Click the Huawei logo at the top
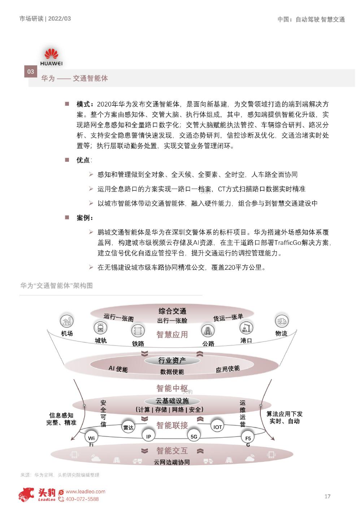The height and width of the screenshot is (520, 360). click(x=51, y=57)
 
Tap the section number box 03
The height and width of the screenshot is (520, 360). click(x=30, y=71)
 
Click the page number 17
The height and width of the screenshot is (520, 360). click(x=327, y=496)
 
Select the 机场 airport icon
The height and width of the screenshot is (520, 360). click(x=66, y=321)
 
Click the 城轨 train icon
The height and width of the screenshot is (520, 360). click(x=100, y=328)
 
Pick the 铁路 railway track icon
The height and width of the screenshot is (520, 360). click(x=138, y=330)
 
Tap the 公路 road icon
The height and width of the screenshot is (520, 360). click(x=208, y=330)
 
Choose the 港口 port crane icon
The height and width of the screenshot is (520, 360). click(x=246, y=328)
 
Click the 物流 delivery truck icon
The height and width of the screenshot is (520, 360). click(x=281, y=321)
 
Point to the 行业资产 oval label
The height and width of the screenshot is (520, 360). click(x=172, y=360)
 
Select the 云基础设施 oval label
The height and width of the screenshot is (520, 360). click(x=172, y=401)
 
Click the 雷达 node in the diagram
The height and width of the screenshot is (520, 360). click(x=128, y=427)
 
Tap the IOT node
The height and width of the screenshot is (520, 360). click(x=218, y=427)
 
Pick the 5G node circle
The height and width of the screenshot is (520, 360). click(x=194, y=437)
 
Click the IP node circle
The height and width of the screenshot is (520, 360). click(x=148, y=436)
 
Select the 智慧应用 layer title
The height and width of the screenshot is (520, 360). click(x=172, y=334)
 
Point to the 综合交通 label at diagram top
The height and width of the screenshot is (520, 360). click(x=172, y=311)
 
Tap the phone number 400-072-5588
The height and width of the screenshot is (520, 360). click(x=82, y=499)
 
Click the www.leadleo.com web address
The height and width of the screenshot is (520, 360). click(x=86, y=491)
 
